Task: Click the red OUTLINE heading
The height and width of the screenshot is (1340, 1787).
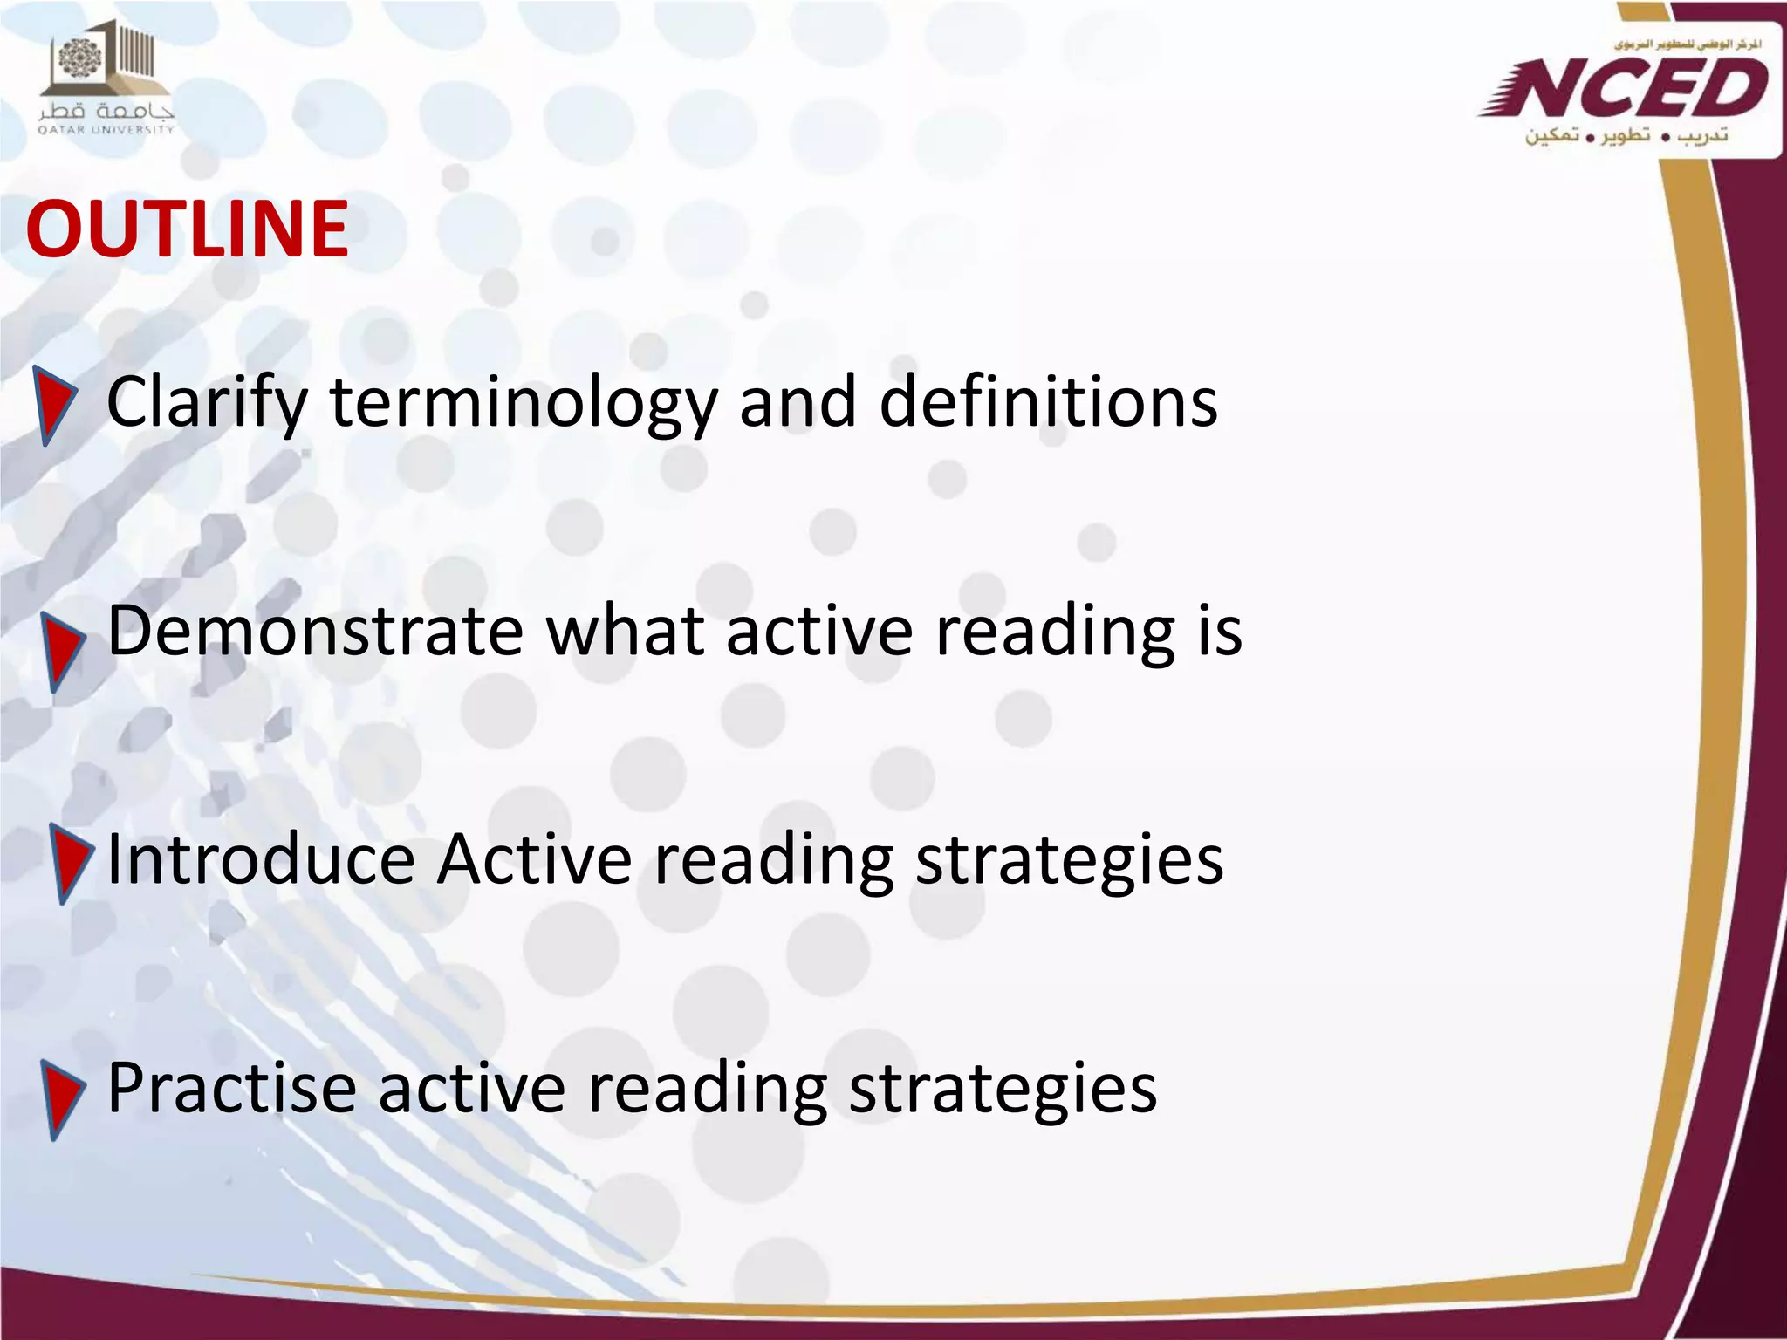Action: [188, 229]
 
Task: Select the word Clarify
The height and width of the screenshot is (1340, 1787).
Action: [207, 403]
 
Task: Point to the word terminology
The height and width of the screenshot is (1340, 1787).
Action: [523, 403]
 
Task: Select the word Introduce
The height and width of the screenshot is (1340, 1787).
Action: [260, 859]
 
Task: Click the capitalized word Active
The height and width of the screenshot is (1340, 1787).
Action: [534, 859]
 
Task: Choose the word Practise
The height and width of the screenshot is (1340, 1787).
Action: [232, 1088]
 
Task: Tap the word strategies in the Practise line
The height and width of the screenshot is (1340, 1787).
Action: [1003, 1090]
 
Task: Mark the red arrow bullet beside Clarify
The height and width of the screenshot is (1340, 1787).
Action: [53, 404]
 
